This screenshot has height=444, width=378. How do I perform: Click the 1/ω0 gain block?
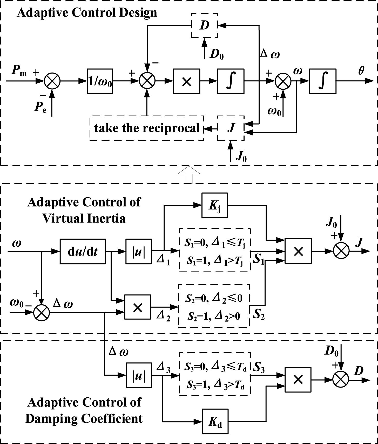click(x=100, y=81)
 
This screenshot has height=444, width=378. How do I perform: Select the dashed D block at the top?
click(x=204, y=25)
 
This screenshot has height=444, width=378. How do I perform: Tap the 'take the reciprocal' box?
click(x=147, y=128)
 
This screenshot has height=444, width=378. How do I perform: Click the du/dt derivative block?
click(x=83, y=251)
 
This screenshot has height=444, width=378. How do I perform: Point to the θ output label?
click(x=361, y=71)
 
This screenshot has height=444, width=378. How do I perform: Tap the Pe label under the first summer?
click(x=40, y=107)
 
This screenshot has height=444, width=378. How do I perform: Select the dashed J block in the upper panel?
click(x=231, y=128)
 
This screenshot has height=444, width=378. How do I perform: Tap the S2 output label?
click(x=259, y=314)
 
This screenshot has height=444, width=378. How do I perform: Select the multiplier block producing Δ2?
click(x=138, y=307)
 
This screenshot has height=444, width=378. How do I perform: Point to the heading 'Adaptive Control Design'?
click(x=87, y=13)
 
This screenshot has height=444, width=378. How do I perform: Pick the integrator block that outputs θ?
click(x=323, y=81)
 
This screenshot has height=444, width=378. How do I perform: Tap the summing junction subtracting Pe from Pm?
click(x=52, y=81)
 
